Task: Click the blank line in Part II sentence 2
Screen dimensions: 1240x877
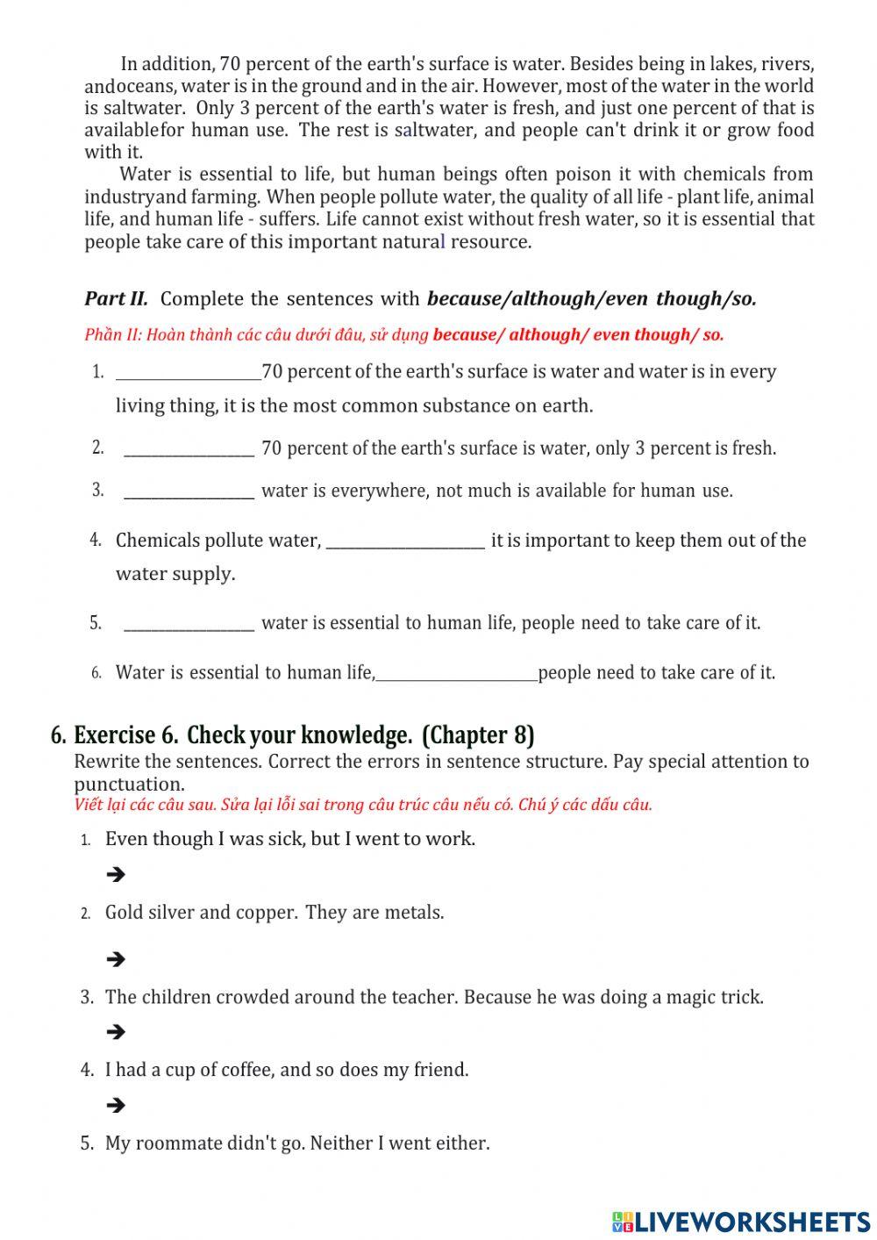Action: tap(189, 450)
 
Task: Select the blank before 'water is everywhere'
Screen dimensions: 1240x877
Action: tap(189, 492)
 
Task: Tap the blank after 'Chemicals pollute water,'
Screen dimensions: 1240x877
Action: tap(405, 542)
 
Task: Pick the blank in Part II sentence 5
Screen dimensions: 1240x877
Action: tap(189, 625)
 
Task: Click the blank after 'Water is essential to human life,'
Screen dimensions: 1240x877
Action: tap(456, 675)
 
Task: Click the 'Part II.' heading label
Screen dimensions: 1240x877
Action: tap(116, 299)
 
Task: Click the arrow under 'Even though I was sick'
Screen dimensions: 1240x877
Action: tap(115, 874)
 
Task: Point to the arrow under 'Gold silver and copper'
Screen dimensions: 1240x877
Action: tap(115, 959)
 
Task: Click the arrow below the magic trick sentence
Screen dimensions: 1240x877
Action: tap(115, 1032)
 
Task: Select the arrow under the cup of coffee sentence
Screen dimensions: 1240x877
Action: tap(115, 1105)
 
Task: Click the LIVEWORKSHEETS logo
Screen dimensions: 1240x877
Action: tap(741, 1221)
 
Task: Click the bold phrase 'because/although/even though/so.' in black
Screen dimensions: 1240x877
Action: tap(591, 299)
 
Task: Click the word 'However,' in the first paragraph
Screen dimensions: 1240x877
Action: tap(522, 86)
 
